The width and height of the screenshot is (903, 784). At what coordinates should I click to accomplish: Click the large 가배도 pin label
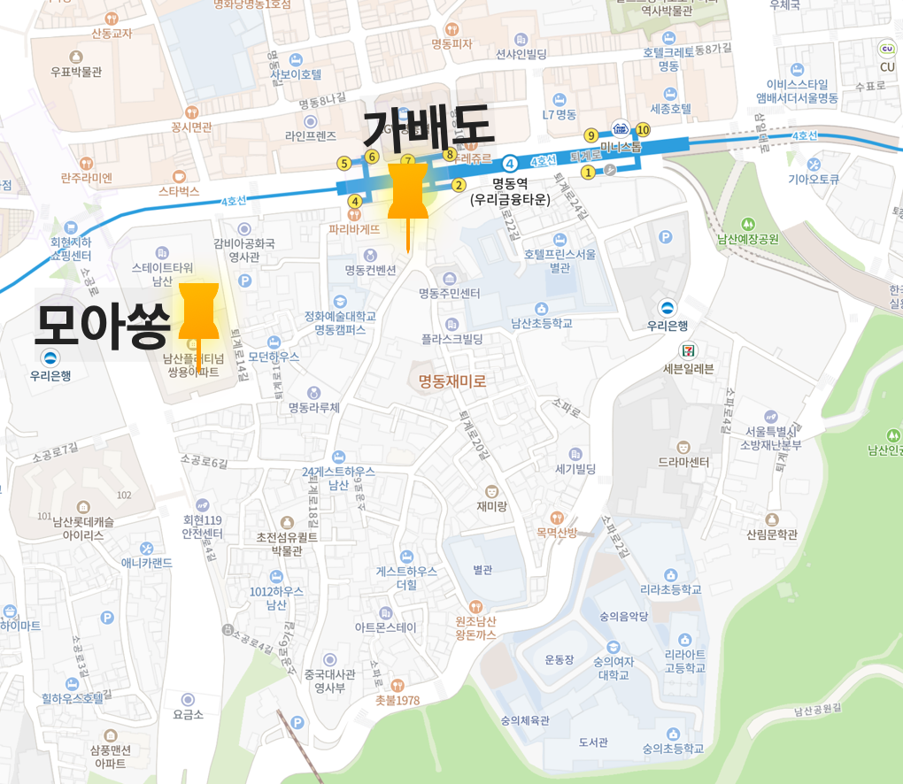pos(427,129)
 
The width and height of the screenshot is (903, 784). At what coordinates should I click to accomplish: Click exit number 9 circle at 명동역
pos(590,135)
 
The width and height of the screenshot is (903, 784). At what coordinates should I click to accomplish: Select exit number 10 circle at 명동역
pos(643,130)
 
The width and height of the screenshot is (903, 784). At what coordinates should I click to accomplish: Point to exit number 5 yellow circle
pos(343,163)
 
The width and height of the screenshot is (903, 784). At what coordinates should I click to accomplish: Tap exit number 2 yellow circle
pos(459,185)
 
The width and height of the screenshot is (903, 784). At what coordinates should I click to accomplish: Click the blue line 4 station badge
pos(510,163)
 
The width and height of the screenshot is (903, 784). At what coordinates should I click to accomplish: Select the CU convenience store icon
pos(886,50)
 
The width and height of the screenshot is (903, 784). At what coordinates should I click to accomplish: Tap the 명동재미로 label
pos(452,382)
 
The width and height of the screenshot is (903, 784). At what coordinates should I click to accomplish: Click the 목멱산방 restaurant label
pos(556,532)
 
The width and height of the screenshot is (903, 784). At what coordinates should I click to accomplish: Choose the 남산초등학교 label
pos(541,324)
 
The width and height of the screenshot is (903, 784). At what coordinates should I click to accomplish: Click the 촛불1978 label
pos(397,700)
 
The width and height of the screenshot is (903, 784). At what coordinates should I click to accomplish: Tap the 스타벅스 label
pos(179,190)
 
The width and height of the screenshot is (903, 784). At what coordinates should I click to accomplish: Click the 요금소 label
pos(189,714)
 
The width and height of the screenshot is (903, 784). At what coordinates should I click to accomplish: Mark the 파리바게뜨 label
pos(354,228)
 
